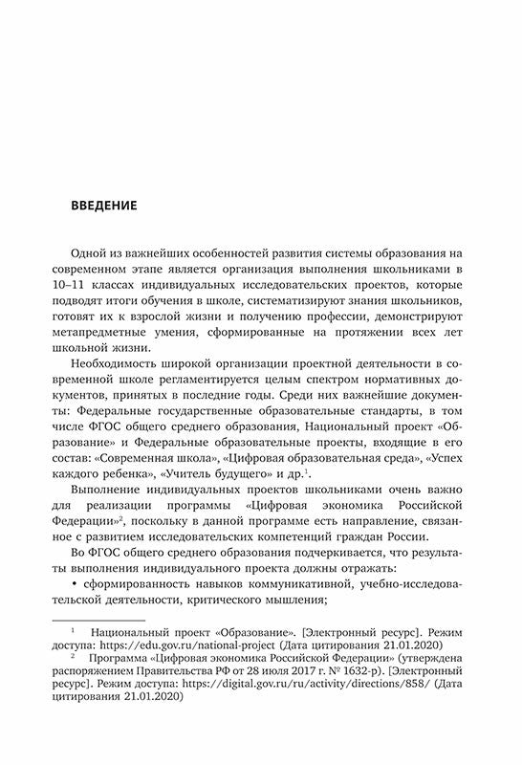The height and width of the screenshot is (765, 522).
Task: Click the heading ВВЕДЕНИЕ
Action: [105, 206]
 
